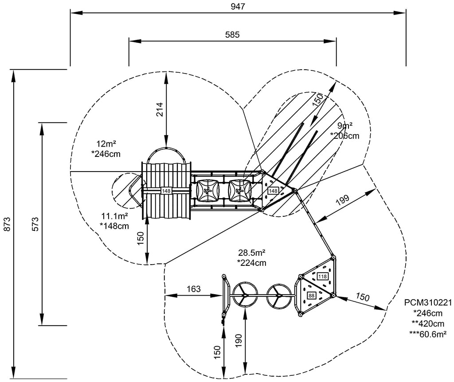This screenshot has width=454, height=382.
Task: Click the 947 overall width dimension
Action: point(238,6)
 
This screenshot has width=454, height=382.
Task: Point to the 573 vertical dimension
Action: point(35,224)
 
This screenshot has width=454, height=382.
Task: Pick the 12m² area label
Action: point(106,144)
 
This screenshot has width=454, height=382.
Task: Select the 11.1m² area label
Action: point(114,216)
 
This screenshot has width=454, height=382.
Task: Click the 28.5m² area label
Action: point(252,253)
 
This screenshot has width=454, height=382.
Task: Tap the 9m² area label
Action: point(344,125)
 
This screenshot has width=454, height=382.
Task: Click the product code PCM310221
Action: point(428,303)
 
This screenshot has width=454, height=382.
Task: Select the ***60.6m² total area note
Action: point(428,333)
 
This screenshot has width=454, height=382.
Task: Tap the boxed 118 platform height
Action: point(322,277)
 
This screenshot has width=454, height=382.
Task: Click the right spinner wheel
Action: point(279,294)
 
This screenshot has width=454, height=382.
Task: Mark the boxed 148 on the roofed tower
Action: point(166,191)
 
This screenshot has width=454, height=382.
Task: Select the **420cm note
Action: point(428,323)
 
